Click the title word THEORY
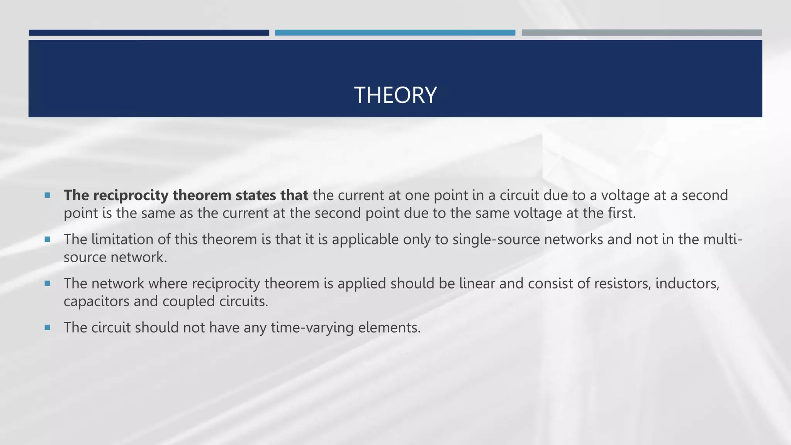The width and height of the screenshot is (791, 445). pos(395,95)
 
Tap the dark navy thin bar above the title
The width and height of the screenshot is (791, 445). pos(149,33)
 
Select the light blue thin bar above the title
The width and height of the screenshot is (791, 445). pos(395,33)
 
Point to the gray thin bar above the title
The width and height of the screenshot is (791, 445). pos(642,33)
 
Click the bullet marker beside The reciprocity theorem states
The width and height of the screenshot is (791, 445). pos(48,195)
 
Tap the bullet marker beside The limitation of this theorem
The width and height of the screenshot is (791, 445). pos(48,239)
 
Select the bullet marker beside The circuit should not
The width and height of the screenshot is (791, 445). pos(48,328)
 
